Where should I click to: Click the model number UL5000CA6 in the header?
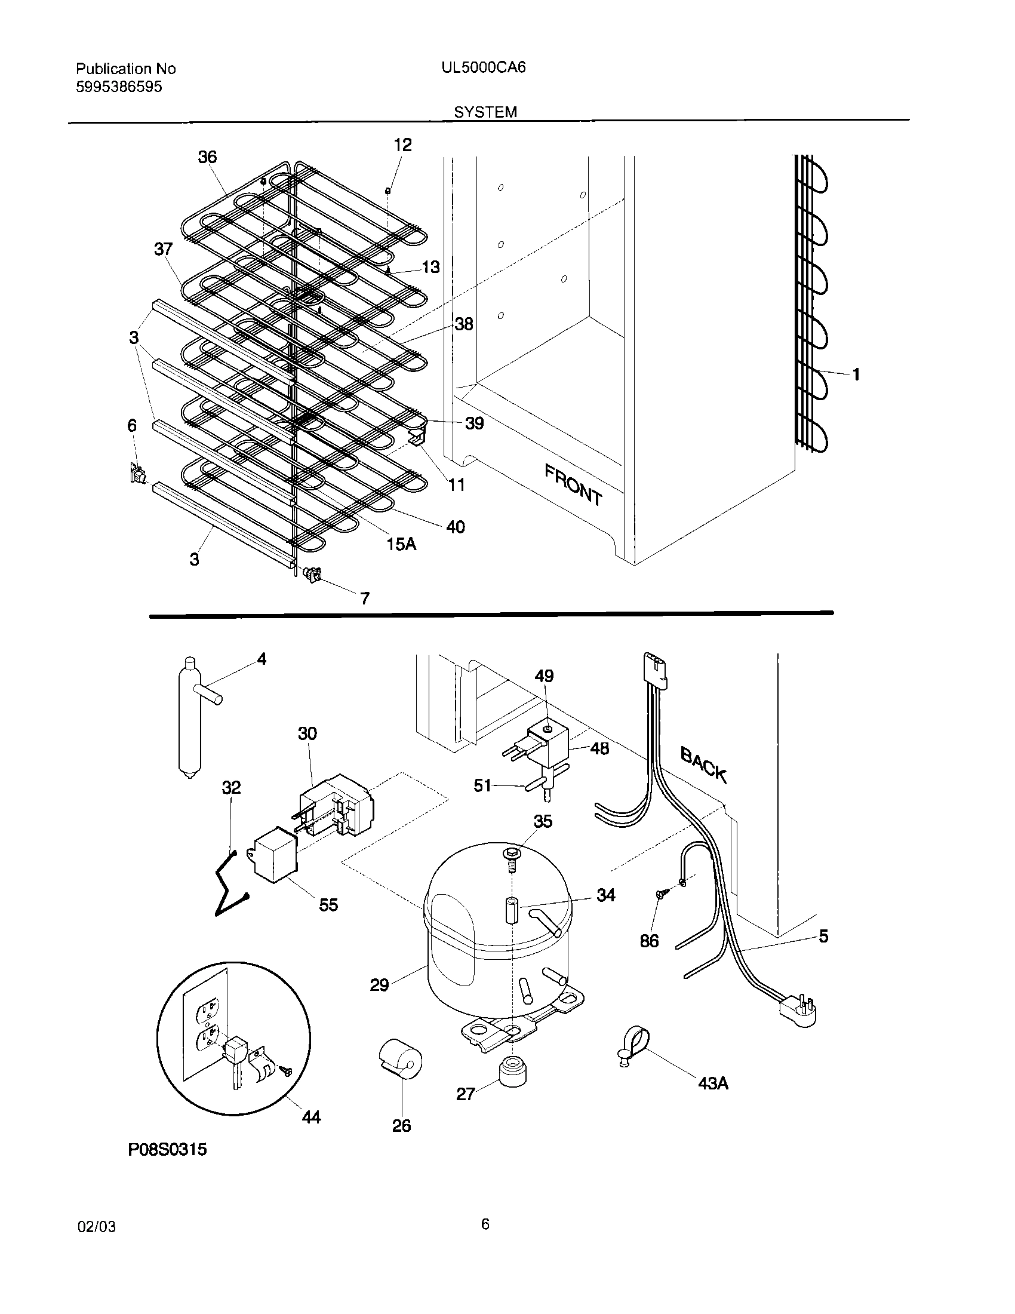coord(483,67)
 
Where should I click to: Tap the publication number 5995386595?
coord(118,87)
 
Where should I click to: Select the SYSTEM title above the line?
coord(485,112)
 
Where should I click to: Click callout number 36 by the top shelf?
coord(207,157)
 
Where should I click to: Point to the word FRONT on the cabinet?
coord(573,484)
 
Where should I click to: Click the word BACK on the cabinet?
coord(703,764)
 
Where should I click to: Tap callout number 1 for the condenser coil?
coord(856,374)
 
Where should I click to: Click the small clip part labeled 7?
coord(313,575)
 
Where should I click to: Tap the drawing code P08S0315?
coord(167,1149)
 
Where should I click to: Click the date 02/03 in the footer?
coord(97,1227)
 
